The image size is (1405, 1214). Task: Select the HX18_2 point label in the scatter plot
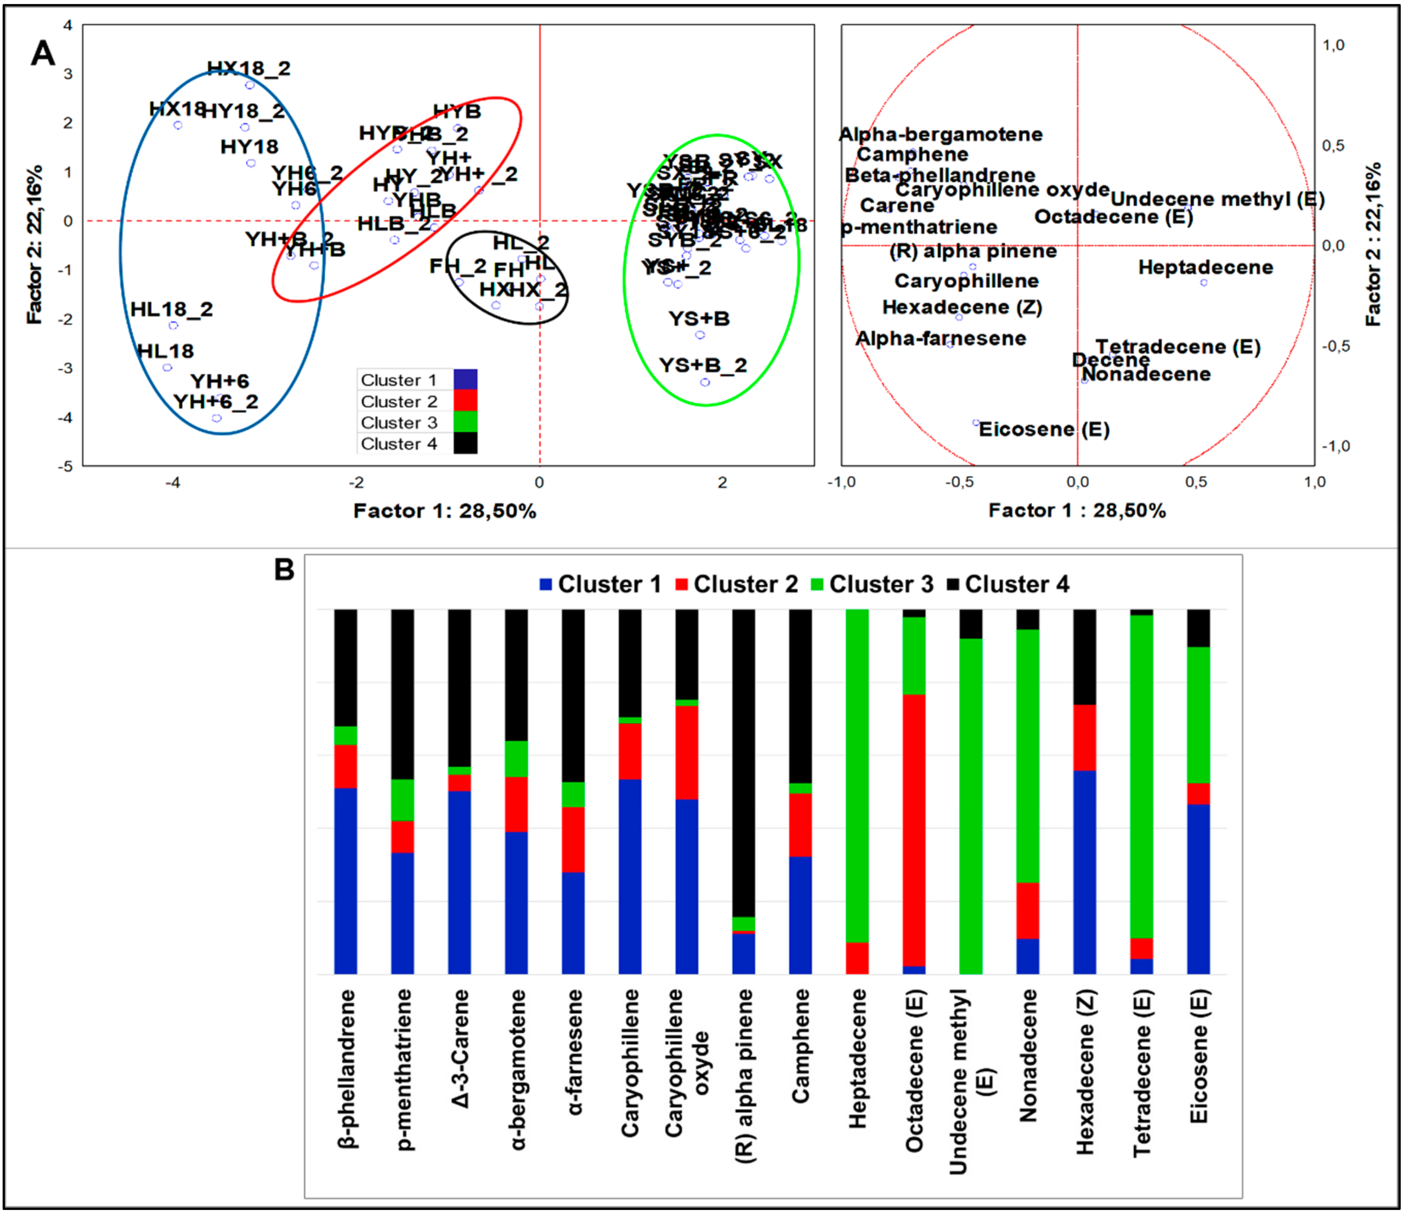point(248,68)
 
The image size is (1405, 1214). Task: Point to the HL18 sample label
point(166,351)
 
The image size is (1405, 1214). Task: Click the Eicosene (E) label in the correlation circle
point(1044,429)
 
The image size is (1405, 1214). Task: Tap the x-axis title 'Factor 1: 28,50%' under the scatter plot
point(445,511)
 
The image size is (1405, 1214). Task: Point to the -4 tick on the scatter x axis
point(174,482)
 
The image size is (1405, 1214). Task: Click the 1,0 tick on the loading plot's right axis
point(1333,45)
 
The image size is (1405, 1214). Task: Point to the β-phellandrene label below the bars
point(346,1068)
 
